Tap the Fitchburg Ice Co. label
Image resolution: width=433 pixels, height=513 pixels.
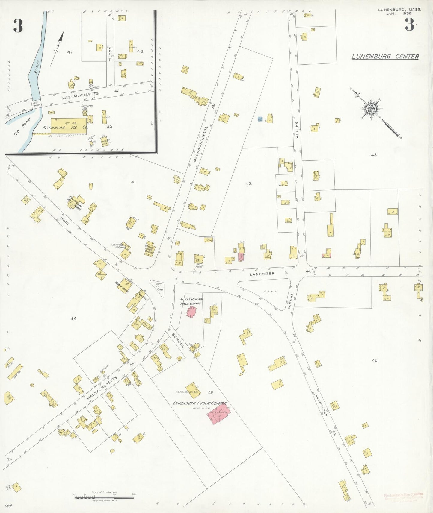65,127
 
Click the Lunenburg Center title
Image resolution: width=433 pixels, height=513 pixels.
385,56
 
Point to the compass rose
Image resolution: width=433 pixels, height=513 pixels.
372,108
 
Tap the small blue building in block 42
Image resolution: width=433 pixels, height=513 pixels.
260,119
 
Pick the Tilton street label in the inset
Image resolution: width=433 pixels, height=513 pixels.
110,54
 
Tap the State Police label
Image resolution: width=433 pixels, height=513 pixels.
199,265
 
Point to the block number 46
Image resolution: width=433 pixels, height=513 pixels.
374,360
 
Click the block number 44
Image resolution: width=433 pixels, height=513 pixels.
73,318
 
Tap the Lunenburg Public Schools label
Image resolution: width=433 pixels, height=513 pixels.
200,403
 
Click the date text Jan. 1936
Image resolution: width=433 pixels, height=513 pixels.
399,14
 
